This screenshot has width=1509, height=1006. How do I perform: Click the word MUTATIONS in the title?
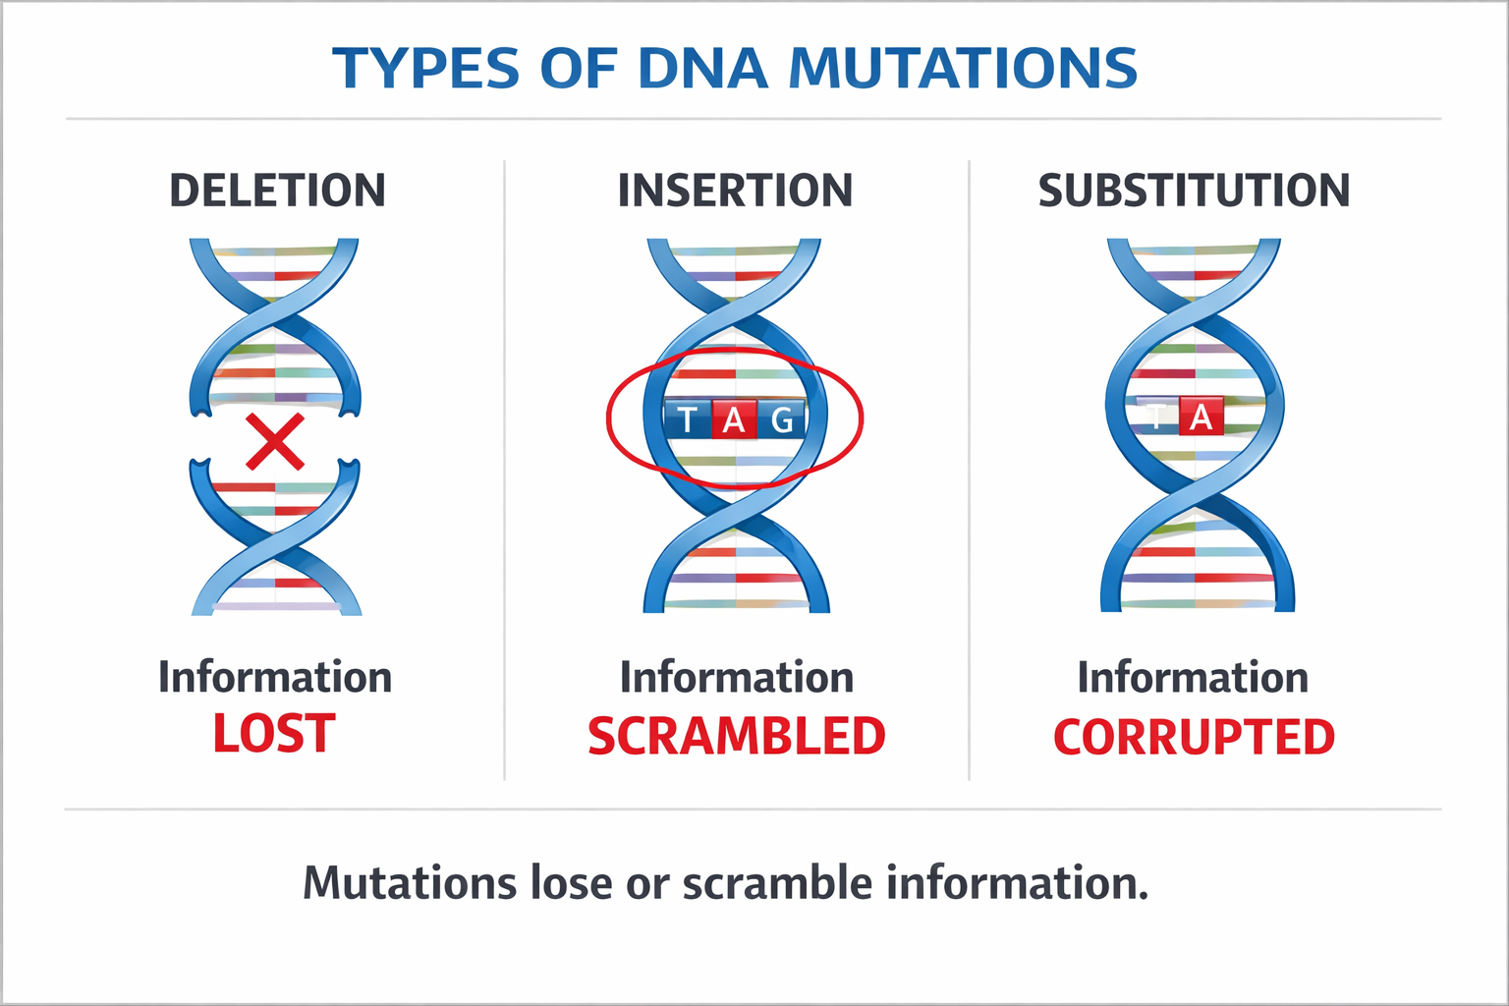(962, 69)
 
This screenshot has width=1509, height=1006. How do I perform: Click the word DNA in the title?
(701, 69)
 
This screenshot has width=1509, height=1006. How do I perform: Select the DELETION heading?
(277, 191)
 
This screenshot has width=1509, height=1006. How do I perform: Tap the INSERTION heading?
(735, 191)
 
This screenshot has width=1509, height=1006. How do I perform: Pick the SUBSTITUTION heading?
(1194, 191)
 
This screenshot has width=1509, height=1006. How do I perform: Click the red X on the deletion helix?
(275, 441)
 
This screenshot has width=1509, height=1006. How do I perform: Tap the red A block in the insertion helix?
(734, 420)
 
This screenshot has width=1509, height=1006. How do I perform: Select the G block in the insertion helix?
(782, 420)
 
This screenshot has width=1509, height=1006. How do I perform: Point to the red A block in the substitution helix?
(1201, 418)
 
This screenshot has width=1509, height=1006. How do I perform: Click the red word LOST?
(274, 735)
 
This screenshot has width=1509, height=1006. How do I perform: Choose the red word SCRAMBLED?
(736, 737)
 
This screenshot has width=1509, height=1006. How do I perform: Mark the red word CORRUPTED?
(1194, 737)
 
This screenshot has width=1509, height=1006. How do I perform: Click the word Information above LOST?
(275, 678)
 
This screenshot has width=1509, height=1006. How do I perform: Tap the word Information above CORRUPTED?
(1193, 678)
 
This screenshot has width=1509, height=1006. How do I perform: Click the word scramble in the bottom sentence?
(777, 883)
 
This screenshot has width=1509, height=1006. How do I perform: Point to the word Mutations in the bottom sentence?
(410, 883)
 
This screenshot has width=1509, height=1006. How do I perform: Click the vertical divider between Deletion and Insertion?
(505, 472)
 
